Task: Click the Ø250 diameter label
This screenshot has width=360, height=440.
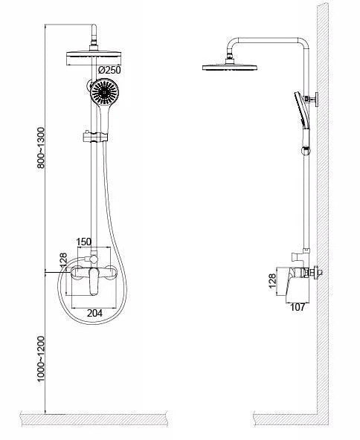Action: click(x=109, y=70)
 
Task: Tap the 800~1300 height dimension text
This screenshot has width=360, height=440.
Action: click(x=41, y=148)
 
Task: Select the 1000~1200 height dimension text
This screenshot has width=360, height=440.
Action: click(x=41, y=359)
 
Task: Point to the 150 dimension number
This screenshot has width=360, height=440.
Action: click(x=84, y=242)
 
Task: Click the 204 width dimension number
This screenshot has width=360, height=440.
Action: click(x=94, y=313)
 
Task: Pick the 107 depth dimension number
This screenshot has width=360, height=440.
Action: click(x=297, y=307)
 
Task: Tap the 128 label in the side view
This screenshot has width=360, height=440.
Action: click(x=272, y=281)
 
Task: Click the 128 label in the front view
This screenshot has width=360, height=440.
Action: click(x=63, y=260)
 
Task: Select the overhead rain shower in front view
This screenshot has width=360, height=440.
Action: click(x=94, y=59)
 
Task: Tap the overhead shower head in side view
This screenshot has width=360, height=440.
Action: click(x=230, y=67)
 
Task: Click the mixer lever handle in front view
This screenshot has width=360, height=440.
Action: click(x=94, y=282)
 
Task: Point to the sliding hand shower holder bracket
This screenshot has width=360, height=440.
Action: click(x=95, y=136)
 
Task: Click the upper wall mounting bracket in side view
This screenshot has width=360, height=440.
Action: click(x=313, y=99)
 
